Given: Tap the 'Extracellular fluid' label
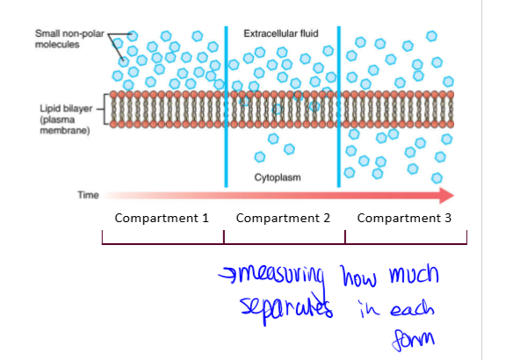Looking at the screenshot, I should [280, 33].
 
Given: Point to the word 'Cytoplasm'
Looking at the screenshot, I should [278, 176].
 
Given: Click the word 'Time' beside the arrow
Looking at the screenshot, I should [88, 195].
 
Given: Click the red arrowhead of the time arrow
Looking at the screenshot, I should [445, 195].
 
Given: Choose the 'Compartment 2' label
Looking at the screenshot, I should [283, 218].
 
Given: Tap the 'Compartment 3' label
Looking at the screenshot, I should [404, 218].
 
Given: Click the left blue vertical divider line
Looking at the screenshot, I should [226, 105].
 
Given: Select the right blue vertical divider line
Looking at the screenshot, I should [339, 105].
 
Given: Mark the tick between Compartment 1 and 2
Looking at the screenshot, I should [224, 238].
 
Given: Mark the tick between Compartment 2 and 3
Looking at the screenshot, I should [345, 238].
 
